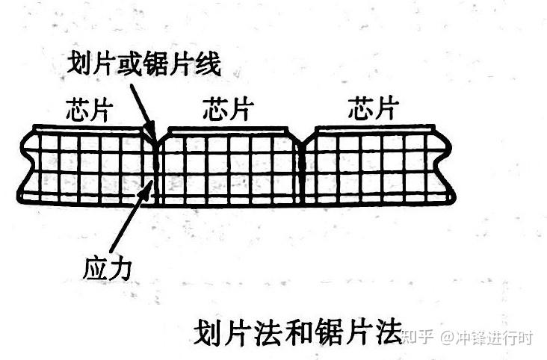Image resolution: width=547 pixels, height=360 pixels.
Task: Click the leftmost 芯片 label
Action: (88, 110)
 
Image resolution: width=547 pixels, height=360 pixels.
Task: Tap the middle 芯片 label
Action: (226, 110)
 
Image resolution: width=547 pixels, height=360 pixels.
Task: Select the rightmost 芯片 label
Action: (371, 110)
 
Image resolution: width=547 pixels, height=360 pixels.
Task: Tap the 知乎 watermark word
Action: (418, 338)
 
